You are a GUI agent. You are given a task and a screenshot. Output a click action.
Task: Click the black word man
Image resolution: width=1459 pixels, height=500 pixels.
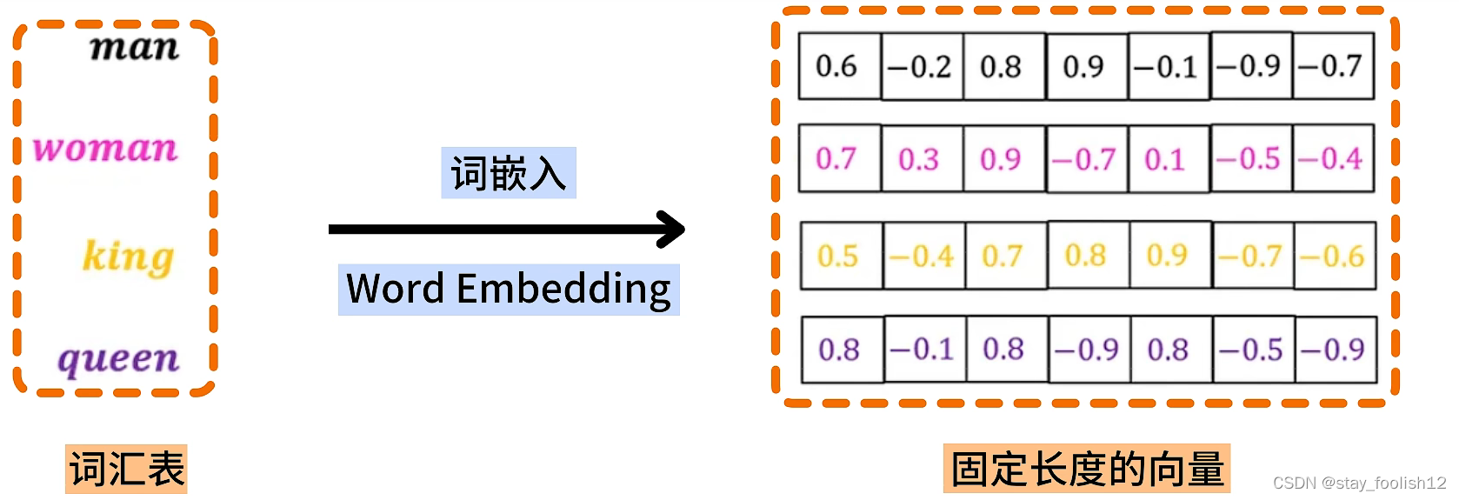click(x=134, y=47)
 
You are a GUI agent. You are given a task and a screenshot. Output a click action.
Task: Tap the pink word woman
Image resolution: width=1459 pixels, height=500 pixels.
click(x=105, y=149)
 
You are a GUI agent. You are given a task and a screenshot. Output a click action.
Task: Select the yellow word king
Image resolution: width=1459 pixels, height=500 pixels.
click(x=128, y=257)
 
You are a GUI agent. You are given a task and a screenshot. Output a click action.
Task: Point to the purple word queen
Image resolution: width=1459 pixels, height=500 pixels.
click(x=118, y=358)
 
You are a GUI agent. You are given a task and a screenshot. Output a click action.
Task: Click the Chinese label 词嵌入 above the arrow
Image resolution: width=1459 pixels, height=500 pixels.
click(x=508, y=173)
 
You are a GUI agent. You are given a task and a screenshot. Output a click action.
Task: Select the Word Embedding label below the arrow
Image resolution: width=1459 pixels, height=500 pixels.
click(x=509, y=289)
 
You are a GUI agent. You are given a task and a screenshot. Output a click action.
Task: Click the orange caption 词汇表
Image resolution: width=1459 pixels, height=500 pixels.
click(x=127, y=470)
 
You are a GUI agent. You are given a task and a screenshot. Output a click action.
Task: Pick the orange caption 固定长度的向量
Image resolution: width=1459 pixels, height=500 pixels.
click(x=1087, y=470)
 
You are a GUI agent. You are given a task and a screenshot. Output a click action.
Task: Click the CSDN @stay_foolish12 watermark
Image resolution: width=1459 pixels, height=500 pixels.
click(x=1359, y=483)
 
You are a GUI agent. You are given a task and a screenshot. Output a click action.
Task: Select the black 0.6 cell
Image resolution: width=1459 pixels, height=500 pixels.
click(x=837, y=66)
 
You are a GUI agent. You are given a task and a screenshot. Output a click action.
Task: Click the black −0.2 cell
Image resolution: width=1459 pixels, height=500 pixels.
click(x=920, y=66)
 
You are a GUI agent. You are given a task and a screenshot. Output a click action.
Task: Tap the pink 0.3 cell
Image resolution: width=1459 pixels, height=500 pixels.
click(x=920, y=159)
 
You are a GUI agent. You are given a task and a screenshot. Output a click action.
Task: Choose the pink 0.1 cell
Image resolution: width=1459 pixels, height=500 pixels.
click(x=1166, y=159)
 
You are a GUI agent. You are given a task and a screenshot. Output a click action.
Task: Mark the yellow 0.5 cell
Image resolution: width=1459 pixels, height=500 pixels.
click(x=839, y=256)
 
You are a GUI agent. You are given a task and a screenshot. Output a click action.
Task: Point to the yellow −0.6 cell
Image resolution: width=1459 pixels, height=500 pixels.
click(x=1333, y=256)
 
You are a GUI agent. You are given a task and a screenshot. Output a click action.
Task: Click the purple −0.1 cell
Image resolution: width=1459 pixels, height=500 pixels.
click(x=923, y=350)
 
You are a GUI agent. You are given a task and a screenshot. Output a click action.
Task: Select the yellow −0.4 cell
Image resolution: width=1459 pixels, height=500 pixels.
click(x=923, y=256)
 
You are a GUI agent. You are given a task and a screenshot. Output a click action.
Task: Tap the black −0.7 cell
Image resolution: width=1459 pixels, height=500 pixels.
click(x=1331, y=66)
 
